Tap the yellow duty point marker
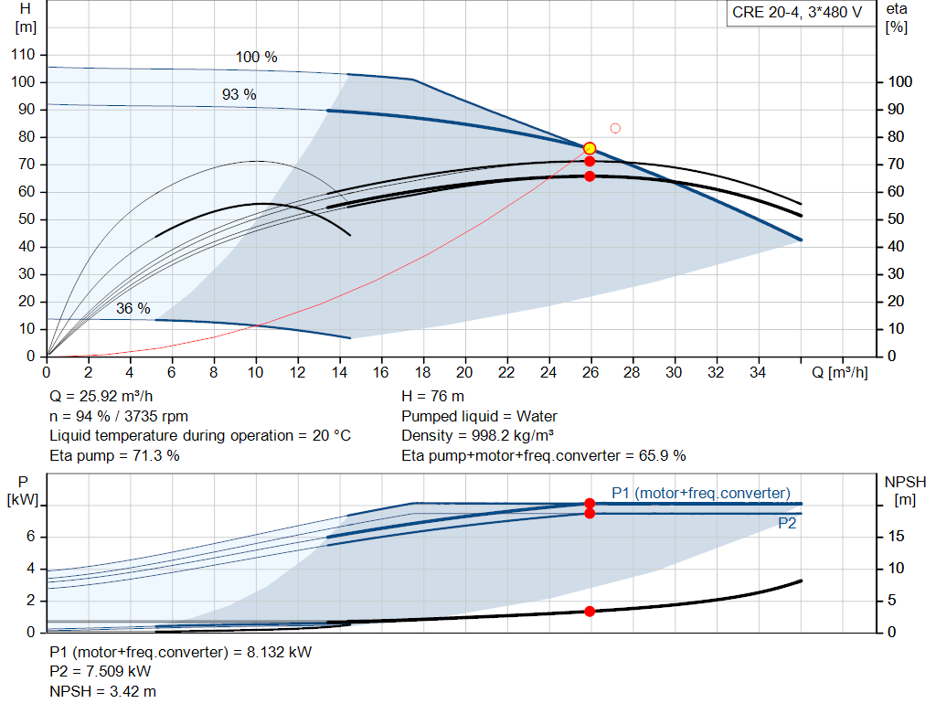click(x=590, y=148)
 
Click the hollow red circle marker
click(x=615, y=128)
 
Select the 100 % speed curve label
click(x=256, y=57)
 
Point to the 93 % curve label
click(x=239, y=94)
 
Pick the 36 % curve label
click(x=133, y=308)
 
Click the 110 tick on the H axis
click(x=23, y=54)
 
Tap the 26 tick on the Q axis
click(x=590, y=372)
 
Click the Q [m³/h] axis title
click(x=840, y=372)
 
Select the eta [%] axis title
click(x=897, y=18)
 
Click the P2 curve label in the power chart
click(x=787, y=524)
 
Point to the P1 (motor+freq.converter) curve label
click(x=701, y=493)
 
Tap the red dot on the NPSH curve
click(x=590, y=612)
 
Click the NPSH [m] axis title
click(x=905, y=491)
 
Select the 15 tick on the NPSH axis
click(x=896, y=536)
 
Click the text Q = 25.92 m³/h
click(x=101, y=397)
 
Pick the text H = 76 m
click(x=432, y=397)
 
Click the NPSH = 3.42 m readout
click(x=102, y=691)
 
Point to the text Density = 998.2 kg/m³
click(x=477, y=436)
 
